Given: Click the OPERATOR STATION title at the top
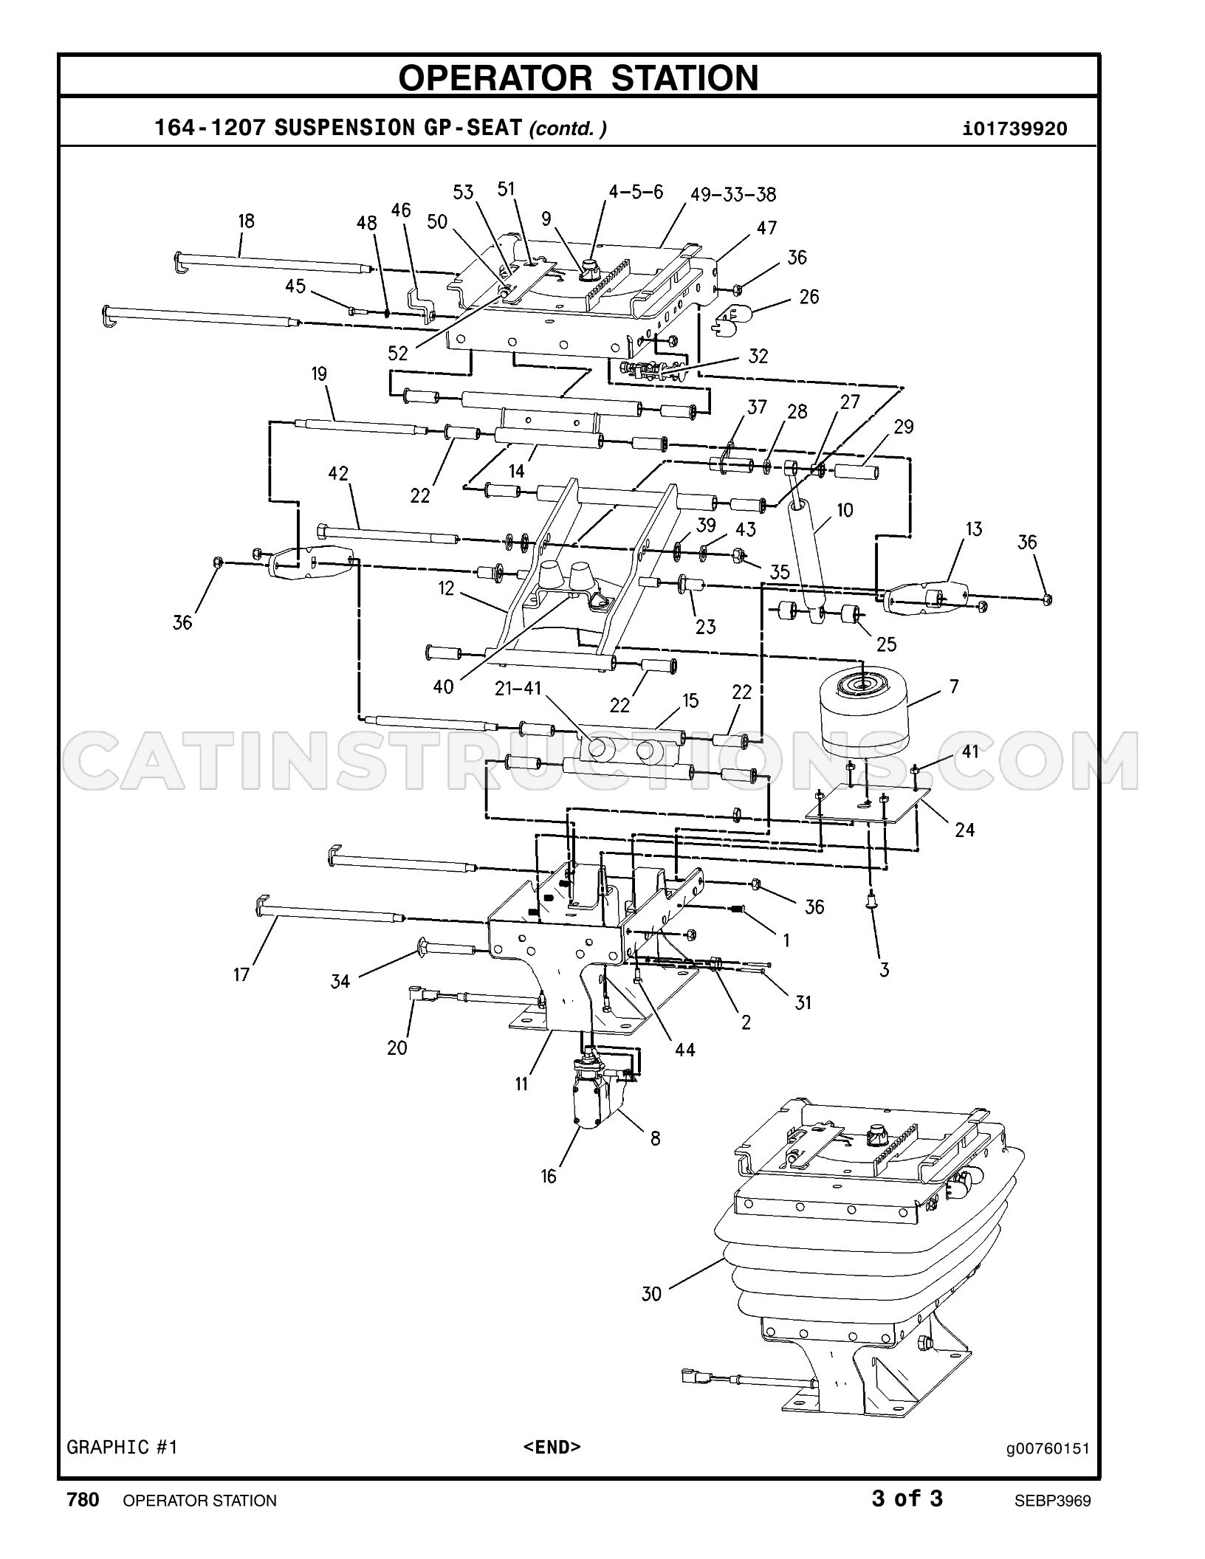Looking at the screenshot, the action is coord(578,78).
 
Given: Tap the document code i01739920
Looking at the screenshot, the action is coord(1015,129).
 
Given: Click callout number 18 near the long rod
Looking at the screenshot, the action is coord(246,221).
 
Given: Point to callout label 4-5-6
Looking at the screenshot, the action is coord(636,192).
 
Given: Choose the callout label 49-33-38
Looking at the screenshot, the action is coord(733,194).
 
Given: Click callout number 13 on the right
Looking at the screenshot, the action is coord(974,529).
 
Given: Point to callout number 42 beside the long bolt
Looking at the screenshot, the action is coord(338,473).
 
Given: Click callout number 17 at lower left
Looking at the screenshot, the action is coord(241,974).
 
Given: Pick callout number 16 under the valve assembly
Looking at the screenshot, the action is coord(548,1176).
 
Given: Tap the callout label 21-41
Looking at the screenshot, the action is coord(518,689).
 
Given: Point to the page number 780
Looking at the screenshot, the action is coord(83,1500).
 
